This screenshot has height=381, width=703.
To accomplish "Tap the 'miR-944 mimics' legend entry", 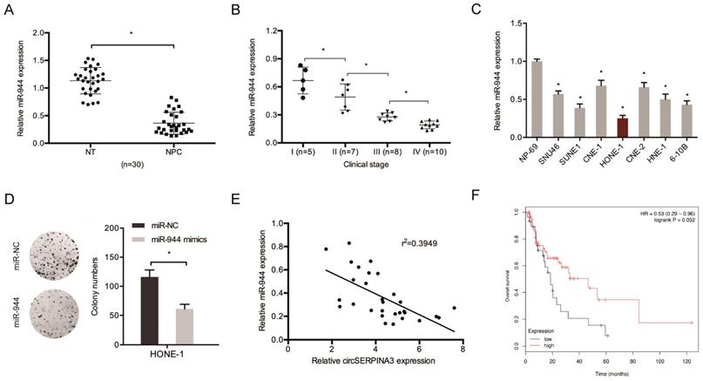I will click(x=194, y=238).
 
